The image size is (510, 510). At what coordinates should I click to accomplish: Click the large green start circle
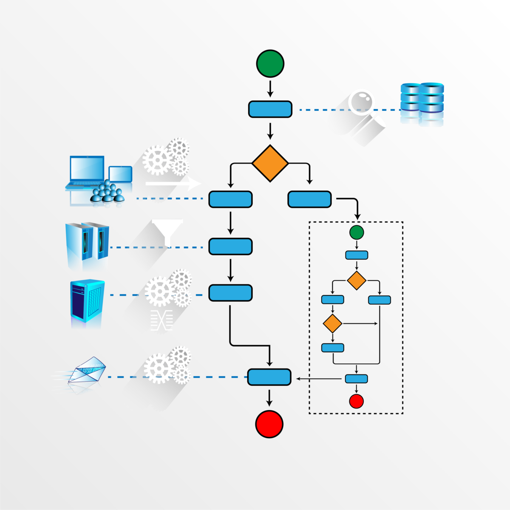click(270, 63)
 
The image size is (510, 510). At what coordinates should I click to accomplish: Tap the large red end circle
click(269, 424)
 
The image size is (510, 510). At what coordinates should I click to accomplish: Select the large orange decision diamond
click(270, 163)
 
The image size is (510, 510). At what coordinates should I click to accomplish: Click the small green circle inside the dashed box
click(357, 232)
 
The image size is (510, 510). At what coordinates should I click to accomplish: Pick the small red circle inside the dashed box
click(356, 401)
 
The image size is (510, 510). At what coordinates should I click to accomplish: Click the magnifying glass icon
click(361, 102)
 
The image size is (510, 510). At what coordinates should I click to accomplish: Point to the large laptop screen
click(87, 169)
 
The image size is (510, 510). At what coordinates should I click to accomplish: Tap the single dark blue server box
click(87, 302)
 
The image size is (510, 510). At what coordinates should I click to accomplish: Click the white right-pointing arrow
click(172, 184)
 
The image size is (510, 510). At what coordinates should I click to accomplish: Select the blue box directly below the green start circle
click(270, 109)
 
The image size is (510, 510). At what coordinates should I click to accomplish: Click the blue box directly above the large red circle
click(269, 377)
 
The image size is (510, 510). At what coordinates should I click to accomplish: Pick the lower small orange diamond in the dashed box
click(332, 324)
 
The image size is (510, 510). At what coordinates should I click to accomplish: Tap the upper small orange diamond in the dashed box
click(357, 280)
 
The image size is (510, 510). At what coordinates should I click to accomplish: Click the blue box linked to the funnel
click(230, 246)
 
